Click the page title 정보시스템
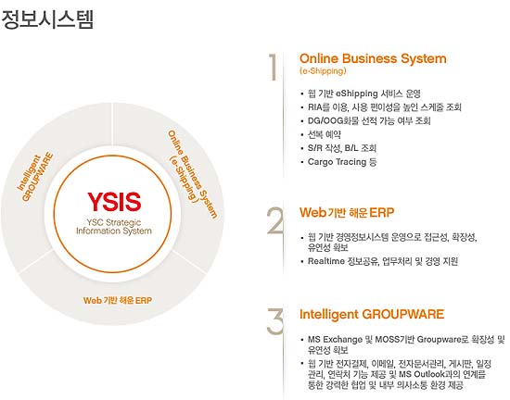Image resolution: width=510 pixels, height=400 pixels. tap(47, 19)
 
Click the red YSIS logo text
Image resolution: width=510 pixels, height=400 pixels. tap(114, 202)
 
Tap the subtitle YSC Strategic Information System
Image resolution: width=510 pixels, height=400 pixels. tap(114, 227)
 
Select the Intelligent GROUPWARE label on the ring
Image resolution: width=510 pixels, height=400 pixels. tap(35, 177)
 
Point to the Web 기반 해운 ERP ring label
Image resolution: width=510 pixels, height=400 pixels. tap(118, 300)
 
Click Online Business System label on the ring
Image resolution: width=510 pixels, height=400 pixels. tap(192, 174)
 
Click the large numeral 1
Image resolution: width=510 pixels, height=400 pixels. tap(274, 67)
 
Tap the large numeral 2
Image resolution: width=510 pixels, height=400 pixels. tap(275, 220)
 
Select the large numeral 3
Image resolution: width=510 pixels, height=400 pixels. tap(275, 321)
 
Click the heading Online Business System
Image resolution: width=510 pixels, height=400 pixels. tap(373, 58)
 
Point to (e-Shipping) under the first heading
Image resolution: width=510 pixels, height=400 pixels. tap(323, 70)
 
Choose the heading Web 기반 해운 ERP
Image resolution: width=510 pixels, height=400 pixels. tap(347, 213)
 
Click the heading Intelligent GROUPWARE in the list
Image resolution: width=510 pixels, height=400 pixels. tap(372, 314)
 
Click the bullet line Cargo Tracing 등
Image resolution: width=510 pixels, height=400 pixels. tap(342, 162)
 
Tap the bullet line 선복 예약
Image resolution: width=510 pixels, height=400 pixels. tap(325, 134)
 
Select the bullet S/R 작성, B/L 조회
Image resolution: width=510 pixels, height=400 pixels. tap(342, 148)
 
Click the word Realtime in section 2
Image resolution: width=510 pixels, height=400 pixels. tap(326, 261)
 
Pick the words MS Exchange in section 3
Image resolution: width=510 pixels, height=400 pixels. tap(335, 340)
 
